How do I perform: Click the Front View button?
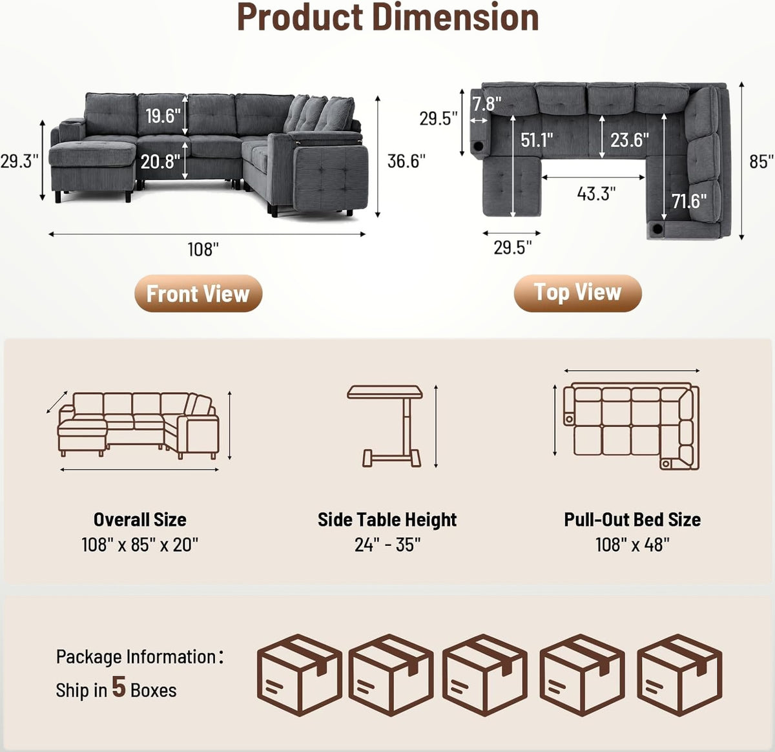coord(198,293)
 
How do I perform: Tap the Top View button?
coord(577,293)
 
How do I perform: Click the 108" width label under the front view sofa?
coord(203,250)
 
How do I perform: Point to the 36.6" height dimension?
coord(406,161)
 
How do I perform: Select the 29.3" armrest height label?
coord(19,161)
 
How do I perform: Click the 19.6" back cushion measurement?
coord(163,116)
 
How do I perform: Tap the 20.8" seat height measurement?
coord(161,162)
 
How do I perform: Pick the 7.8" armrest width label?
coord(487,104)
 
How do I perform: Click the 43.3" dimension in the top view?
coord(596,194)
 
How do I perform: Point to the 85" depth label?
coord(761,162)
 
